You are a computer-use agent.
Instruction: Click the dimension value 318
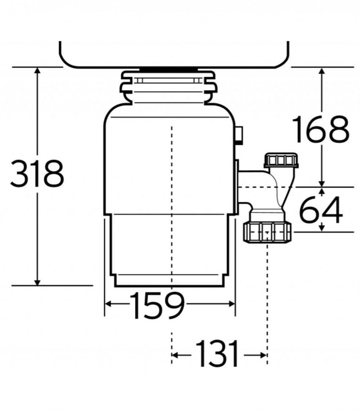[x=37, y=174]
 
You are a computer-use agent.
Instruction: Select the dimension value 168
[x=321, y=129]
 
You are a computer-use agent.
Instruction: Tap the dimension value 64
[x=321, y=210]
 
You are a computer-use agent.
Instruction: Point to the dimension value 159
[x=157, y=305]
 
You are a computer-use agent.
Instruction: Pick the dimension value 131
[x=217, y=353]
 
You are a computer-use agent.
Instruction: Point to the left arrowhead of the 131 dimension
[x=175, y=355]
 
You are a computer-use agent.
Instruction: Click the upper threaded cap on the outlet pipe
[x=281, y=160]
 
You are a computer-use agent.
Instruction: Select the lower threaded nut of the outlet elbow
[x=267, y=232]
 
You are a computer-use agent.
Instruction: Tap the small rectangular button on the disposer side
[x=239, y=135]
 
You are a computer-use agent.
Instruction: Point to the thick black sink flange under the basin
[x=168, y=69]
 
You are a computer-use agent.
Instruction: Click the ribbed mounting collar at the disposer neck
[x=169, y=87]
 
